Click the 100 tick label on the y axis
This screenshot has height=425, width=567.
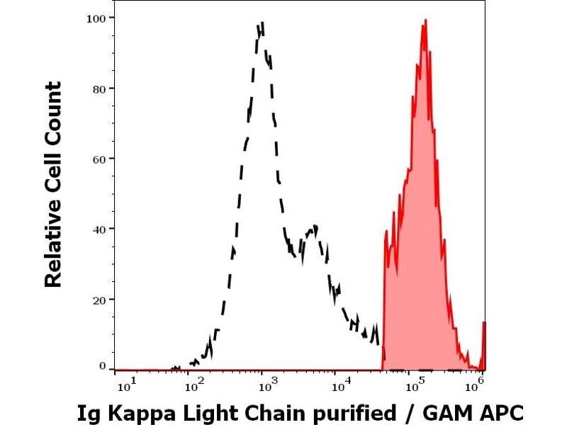tap(96, 18)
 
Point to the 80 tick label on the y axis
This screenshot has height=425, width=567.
tap(100, 89)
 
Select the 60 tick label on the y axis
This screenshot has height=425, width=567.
tap(100, 159)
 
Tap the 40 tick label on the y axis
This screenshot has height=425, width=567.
tap(100, 229)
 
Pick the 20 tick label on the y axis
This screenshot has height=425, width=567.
tap(100, 299)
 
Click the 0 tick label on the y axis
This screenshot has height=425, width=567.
tap(103, 365)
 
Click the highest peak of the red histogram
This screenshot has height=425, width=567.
tap(424, 21)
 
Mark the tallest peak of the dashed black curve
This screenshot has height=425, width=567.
tap(262, 24)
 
